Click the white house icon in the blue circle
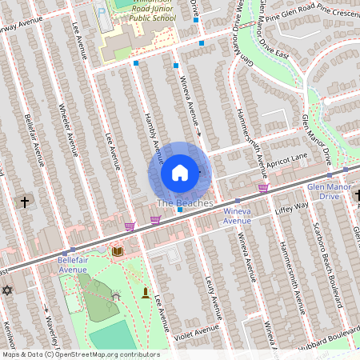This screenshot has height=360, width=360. click(x=180, y=172)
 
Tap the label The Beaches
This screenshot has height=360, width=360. click(x=185, y=203)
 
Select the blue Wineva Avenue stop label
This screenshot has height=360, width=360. click(x=237, y=216)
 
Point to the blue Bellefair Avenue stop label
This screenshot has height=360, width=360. click(x=78, y=266)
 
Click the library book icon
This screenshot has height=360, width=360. click(x=118, y=251)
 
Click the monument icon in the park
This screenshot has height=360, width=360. click(x=145, y=293)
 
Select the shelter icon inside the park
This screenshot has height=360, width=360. click(x=116, y=295)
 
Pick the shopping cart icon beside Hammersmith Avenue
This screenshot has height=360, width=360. click(x=263, y=188)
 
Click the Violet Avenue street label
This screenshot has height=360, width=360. click(x=198, y=330)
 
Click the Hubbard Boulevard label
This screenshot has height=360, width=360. click(x=330, y=330)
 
